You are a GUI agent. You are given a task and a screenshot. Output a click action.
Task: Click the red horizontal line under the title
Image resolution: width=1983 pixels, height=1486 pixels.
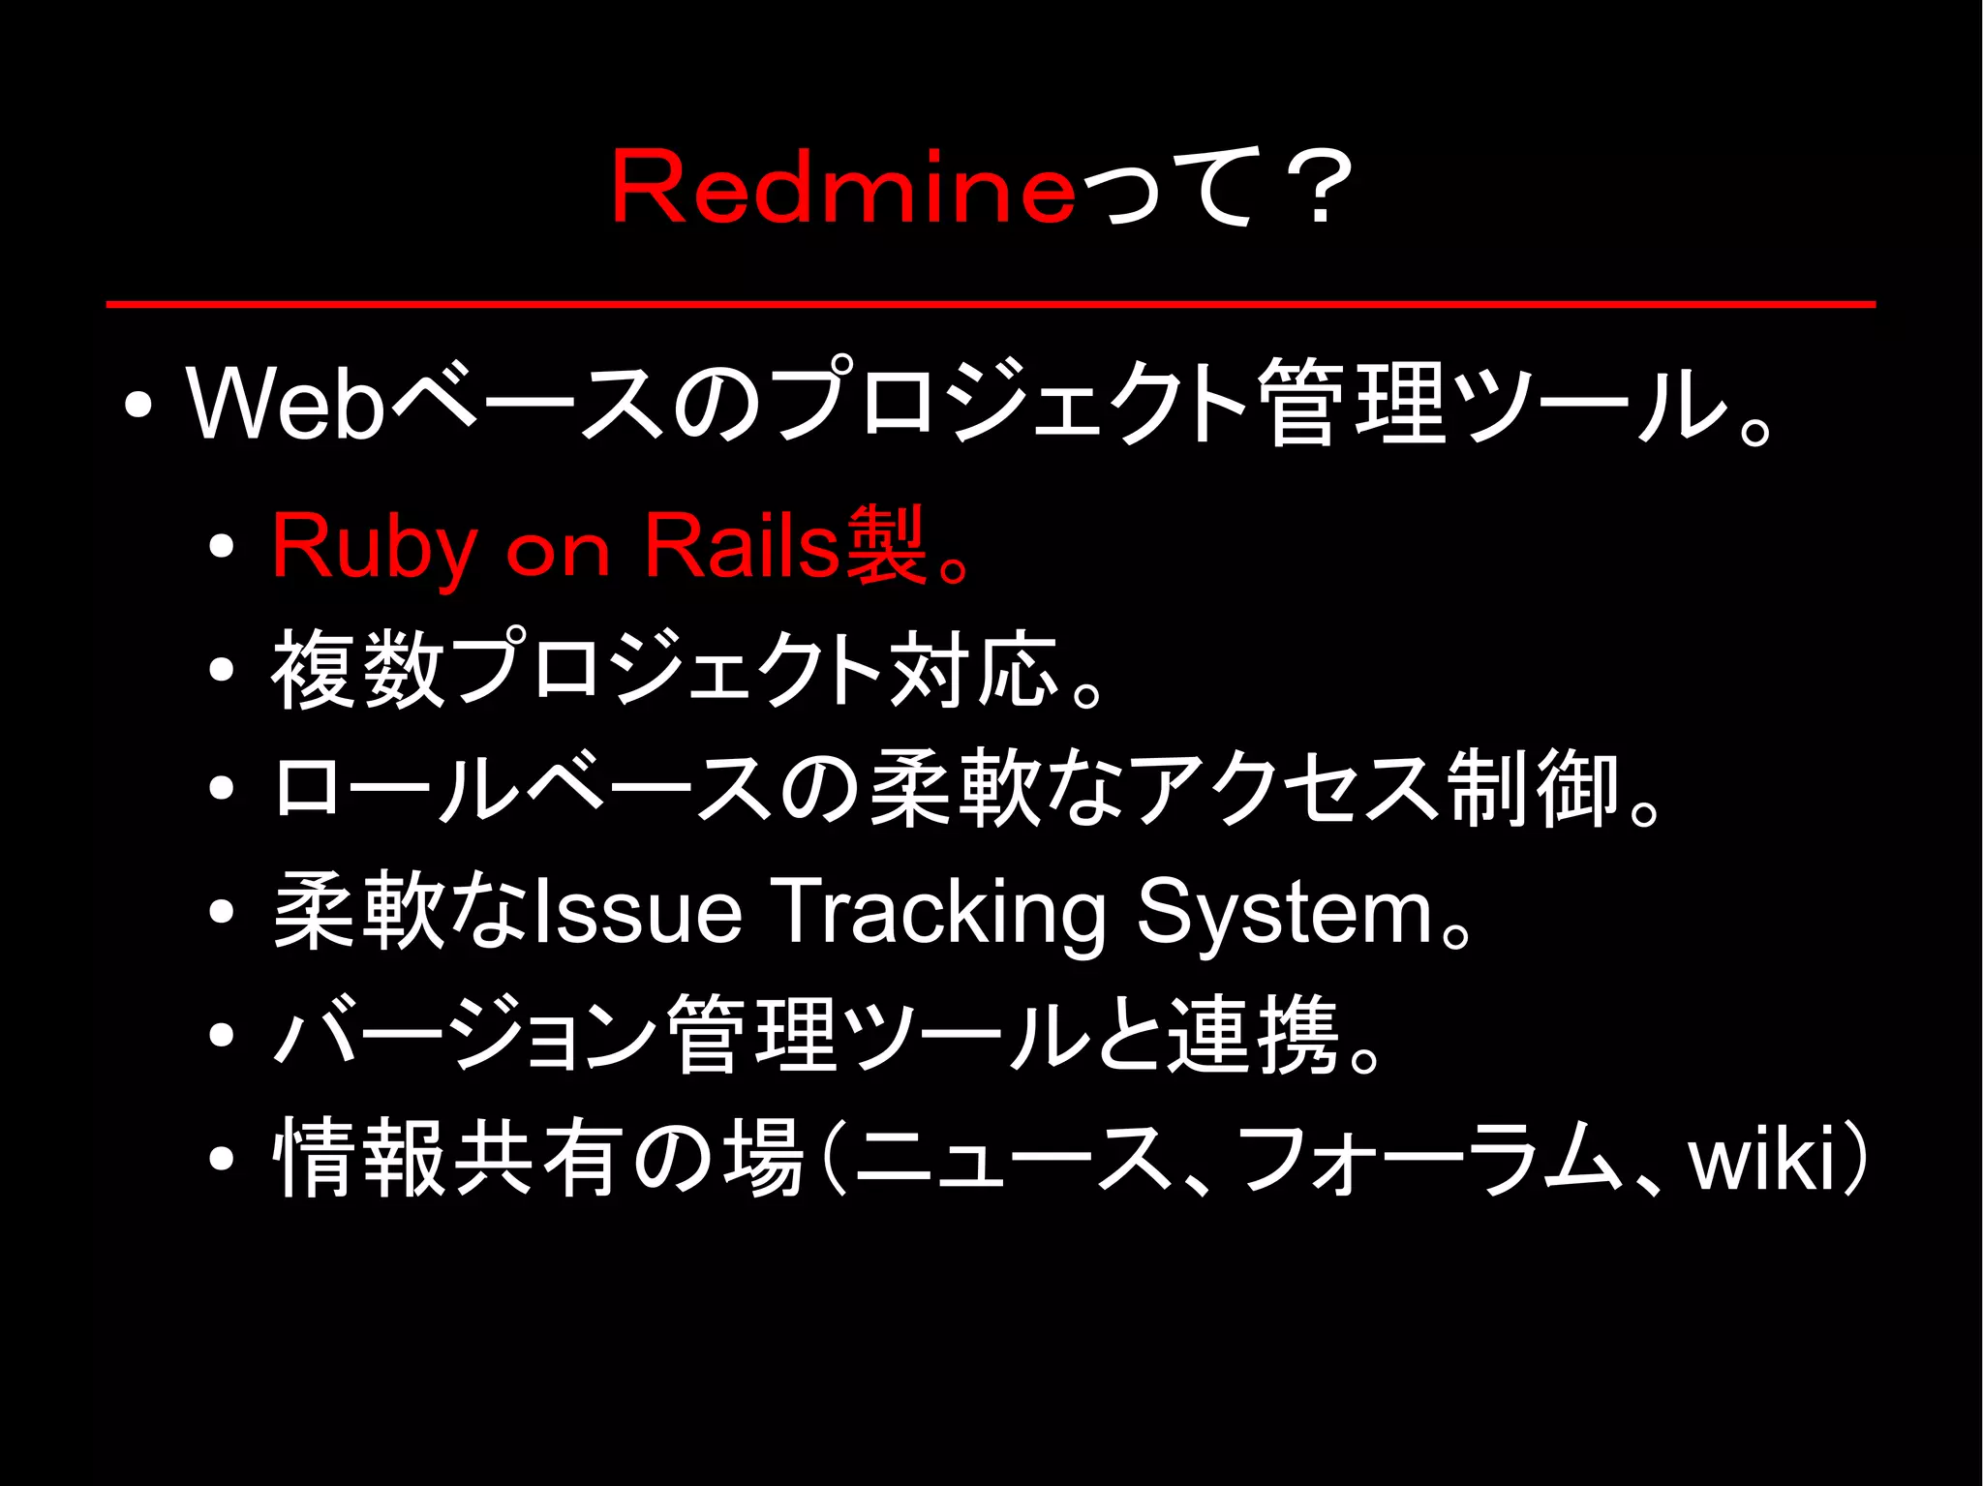point(991,304)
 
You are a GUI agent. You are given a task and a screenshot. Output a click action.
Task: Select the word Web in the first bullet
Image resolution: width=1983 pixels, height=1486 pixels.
point(287,403)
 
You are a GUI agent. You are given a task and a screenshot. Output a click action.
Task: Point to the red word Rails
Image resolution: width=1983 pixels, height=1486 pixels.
point(743,546)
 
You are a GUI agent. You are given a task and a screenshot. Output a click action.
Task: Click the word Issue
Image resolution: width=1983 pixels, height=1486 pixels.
point(637,912)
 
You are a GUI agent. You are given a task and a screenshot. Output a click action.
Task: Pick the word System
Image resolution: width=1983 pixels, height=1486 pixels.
point(1284,912)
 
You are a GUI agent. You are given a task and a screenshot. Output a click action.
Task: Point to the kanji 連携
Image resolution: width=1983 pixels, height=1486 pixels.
point(1254,1035)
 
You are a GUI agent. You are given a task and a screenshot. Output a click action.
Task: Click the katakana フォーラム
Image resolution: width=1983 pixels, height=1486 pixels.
point(1429,1158)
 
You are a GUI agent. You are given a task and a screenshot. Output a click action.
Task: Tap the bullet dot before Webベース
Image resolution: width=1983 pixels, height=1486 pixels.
point(138,405)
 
